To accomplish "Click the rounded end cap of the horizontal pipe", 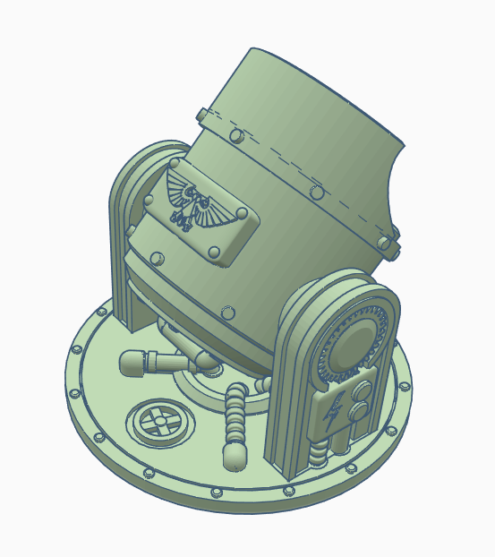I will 129,362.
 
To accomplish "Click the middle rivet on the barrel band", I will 316,192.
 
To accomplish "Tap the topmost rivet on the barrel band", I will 236,136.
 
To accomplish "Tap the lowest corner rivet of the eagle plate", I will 218,253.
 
